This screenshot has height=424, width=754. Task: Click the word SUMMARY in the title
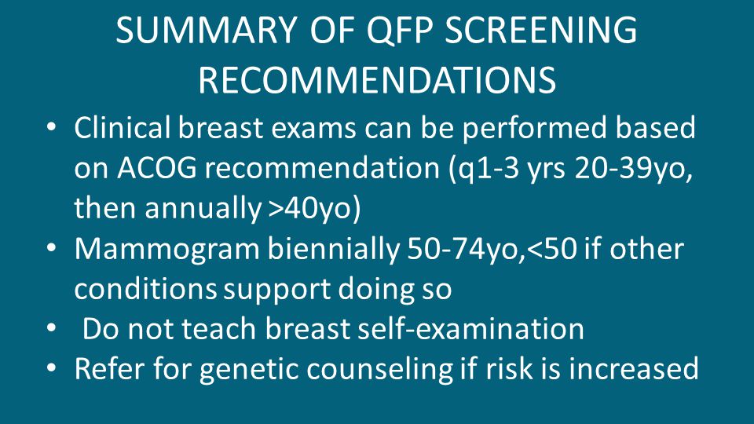point(206,31)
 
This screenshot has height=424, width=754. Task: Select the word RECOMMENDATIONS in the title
point(378,80)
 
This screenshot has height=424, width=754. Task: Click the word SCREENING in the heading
point(541,31)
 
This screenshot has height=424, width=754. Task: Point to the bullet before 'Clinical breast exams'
point(52,127)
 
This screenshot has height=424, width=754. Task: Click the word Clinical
point(123,128)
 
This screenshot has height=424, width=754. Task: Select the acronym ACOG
point(157,169)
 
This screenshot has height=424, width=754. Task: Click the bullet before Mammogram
point(52,248)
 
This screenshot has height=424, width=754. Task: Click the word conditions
point(146,290)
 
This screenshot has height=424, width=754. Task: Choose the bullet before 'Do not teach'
point(52,328)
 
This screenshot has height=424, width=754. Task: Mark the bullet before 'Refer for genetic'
point(52,368)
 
